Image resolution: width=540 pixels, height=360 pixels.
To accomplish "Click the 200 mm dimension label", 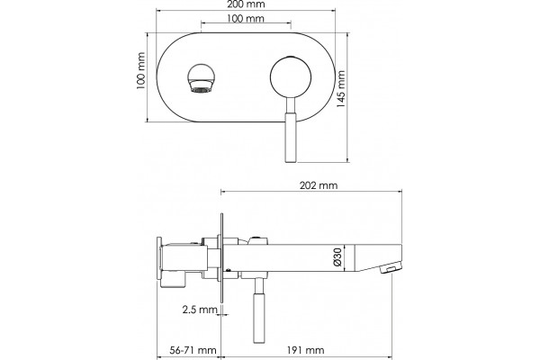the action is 246,4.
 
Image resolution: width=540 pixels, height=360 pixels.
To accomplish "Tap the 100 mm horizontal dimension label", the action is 246,19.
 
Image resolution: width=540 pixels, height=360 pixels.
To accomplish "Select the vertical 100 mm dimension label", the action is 140,71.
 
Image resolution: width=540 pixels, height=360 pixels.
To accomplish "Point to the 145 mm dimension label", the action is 340,89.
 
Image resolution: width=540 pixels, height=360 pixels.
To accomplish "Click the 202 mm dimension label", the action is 319,185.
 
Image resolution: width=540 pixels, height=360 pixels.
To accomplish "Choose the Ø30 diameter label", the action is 337,257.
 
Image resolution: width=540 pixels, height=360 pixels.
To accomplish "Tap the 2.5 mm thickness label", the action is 200,310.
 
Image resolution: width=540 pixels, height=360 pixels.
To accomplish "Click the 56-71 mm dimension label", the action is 193,350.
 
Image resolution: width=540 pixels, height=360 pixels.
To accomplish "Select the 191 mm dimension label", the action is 305,350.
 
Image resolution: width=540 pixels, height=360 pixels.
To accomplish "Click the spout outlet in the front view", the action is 201,78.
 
